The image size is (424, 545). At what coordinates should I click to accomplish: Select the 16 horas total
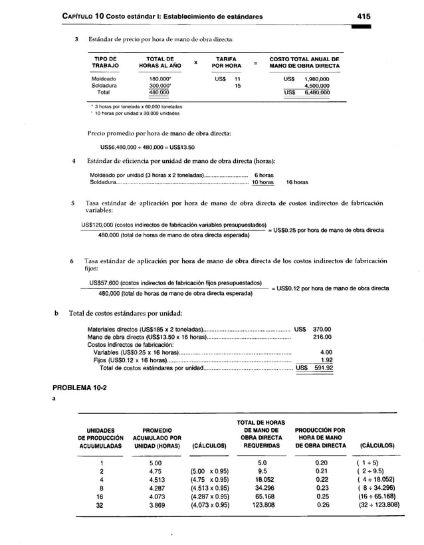pos(296,181)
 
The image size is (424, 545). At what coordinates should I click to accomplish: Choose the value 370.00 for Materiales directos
pos(322,328)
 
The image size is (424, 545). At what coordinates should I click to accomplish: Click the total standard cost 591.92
pos(322,368)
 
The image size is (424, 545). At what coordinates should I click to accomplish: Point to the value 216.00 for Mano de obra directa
pos(322,336)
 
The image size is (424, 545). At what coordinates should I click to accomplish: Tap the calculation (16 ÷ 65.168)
pos(377,496)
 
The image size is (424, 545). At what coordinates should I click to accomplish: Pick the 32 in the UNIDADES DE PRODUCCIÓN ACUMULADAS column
pos(100,504)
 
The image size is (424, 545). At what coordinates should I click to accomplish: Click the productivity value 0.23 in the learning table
pos(321,487)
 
